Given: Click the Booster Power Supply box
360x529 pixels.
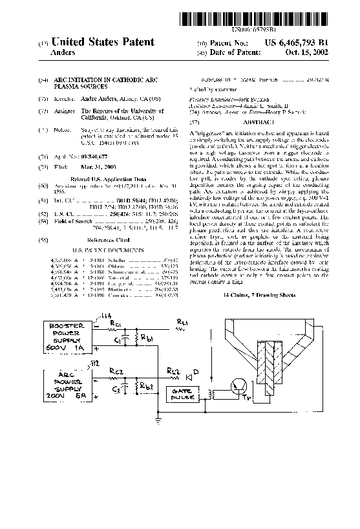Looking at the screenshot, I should [x=64, y=337].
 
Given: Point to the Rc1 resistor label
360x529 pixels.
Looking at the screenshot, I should [x=116, y=323].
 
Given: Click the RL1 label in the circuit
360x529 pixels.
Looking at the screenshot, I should [x=183, y=321].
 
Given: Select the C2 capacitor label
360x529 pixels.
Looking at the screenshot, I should [x=116, y=389].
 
